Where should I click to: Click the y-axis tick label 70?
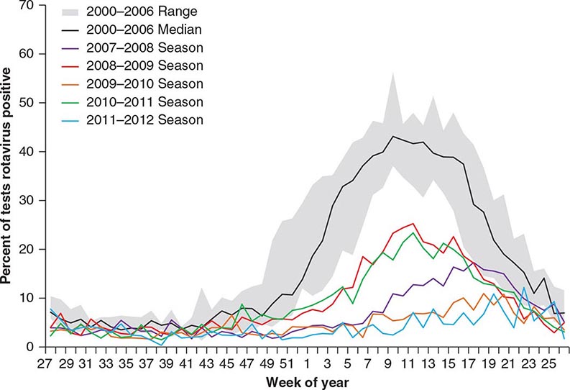click(28, 6)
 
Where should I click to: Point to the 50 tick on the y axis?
click(28, 103)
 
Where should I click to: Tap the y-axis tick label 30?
click(28, 200)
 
